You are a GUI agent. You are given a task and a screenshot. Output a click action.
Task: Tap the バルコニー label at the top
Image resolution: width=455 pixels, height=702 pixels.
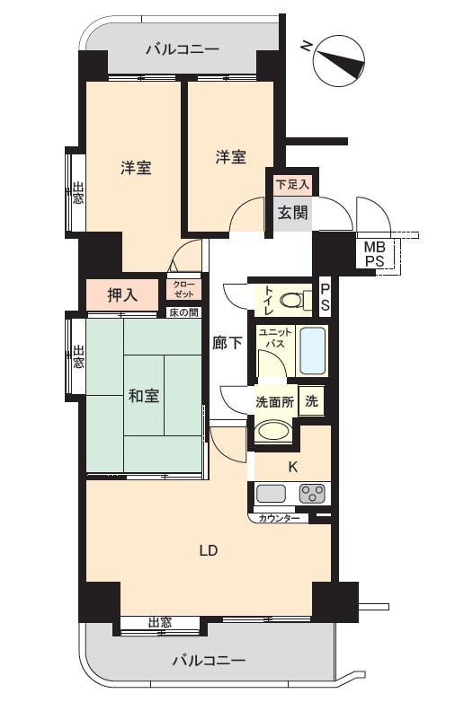[183, 49]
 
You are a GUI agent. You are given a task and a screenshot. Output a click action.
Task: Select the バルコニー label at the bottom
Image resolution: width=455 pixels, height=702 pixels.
[209, 661]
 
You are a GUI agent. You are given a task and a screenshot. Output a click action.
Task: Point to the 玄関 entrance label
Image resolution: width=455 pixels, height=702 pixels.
[292, 213]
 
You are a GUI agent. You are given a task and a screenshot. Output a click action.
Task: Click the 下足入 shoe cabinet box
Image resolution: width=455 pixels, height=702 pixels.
[292, 184]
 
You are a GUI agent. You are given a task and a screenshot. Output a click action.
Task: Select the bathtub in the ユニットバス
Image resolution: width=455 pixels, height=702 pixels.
[312, 352]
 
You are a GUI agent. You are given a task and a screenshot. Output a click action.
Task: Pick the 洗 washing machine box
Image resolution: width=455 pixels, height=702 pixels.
[311, 402]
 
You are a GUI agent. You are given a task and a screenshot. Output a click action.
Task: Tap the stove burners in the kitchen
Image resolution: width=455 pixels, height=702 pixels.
[311, 493]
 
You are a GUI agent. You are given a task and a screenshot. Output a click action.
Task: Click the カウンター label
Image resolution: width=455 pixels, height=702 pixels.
[279, 519]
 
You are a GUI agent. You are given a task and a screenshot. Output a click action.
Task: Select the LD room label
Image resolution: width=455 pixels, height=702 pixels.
[209, 550]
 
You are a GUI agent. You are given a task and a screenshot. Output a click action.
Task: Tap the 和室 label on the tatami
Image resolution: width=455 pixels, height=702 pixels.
[145, 395]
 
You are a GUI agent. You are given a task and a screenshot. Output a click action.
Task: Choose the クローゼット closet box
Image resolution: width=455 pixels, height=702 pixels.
[183, 289]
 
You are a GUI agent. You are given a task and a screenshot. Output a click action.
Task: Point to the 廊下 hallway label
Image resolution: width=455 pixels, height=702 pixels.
[227, 342]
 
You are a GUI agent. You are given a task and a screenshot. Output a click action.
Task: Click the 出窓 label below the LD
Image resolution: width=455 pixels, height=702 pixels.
[160, 622]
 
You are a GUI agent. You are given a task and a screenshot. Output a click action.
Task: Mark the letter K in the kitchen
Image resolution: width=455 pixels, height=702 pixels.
[292, 466]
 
